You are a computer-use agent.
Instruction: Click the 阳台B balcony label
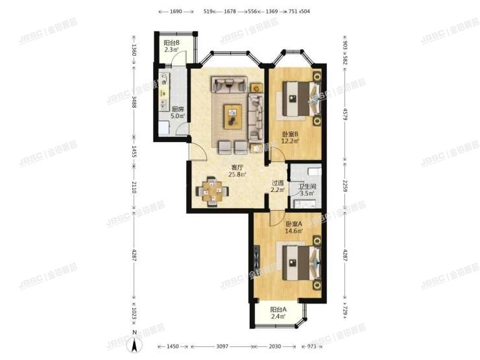(x=171, y=47)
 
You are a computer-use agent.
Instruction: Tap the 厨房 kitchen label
(x=177, y=113)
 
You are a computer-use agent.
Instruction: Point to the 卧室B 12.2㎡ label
(x=290, y=138)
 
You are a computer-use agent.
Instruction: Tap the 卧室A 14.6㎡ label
(x=294, y=227)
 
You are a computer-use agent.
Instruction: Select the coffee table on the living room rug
(x=232, y=115)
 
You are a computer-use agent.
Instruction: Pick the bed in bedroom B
(x=300, y=99)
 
